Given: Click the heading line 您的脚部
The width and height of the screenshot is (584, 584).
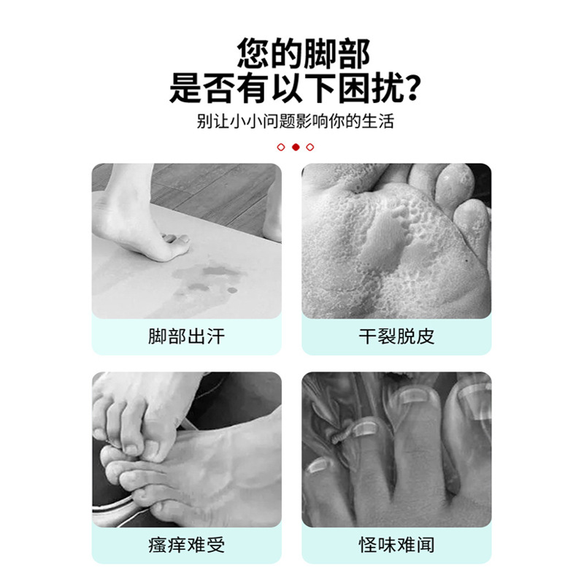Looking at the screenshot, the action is [x=304, y=53].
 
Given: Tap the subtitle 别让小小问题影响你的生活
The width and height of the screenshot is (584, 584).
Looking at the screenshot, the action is [x=296, y=121].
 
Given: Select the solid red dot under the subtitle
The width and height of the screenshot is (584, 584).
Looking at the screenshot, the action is [x=296, y=147].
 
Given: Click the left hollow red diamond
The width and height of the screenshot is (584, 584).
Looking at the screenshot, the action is [x=281, y=147].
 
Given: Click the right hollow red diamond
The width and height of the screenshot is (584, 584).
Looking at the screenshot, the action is [x=310, y=147].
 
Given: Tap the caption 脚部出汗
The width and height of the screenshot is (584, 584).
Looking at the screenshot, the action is [x=187, y=337].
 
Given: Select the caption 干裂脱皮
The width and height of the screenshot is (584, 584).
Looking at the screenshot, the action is [x=396, y=337].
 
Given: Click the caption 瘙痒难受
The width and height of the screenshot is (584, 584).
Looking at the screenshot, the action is [x=187, y=545].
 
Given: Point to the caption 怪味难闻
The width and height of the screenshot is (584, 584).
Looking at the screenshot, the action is [x=396, y=545].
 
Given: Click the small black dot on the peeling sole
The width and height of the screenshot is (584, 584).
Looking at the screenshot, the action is [x=467, y=261].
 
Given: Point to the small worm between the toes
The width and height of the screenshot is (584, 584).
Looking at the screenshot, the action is [x=339, y=435].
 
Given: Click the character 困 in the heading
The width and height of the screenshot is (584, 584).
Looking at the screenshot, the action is [x=354, y=88].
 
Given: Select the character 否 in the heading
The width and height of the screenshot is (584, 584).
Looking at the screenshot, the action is [x=220, y=88].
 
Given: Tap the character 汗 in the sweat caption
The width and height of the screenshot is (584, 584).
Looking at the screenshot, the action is [x=216, y=337].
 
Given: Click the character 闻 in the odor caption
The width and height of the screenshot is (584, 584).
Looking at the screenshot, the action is [x=426, y=545].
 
